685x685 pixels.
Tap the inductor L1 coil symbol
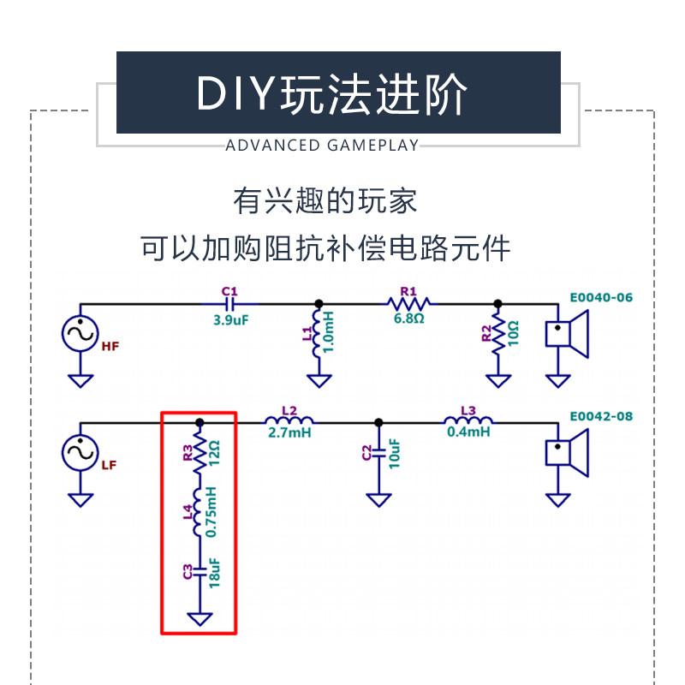pyautogui.click(x=319, y=334)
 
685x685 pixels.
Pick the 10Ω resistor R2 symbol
pyautogui.click(x=496, y=336)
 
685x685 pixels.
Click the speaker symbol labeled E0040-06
pyautogui.click(x=568, y=333)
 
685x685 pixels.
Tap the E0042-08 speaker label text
pyautogui.click(x=601, y=417)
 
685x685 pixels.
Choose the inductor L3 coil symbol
pyautogui.click(x=468, y=420)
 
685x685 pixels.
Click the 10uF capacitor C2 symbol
pyautogui.click(x=378, y=453)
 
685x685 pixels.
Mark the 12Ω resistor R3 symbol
pyautogui.click(x=200, y=453)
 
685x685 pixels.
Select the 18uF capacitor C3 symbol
pyautogui.click(x=200, y=571)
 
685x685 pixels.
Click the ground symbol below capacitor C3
pyautogui.click(x=200, y=617)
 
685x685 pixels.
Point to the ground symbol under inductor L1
pyautogui.click(x=319, y=380)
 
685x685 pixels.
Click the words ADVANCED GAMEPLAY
pyautogui.click(x=322, y=146)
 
